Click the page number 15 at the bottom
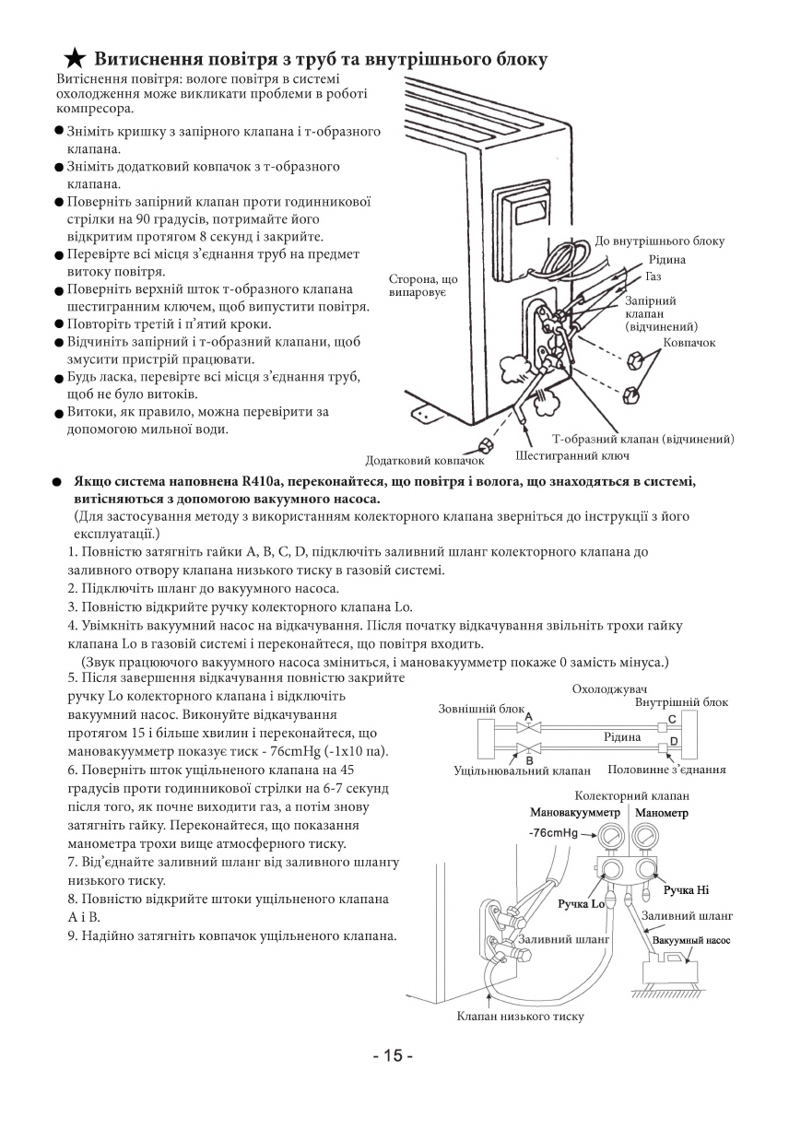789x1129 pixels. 394,1055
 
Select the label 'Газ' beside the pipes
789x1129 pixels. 654,276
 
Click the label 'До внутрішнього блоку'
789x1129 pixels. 659,241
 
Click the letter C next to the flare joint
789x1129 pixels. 672,720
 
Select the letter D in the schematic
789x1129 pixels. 673,741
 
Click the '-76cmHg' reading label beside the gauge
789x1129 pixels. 554,832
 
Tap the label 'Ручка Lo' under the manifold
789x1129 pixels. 582,903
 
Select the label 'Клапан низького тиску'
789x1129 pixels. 520,1017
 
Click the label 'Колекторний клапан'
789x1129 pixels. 631,795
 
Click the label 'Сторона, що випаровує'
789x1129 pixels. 423,285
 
